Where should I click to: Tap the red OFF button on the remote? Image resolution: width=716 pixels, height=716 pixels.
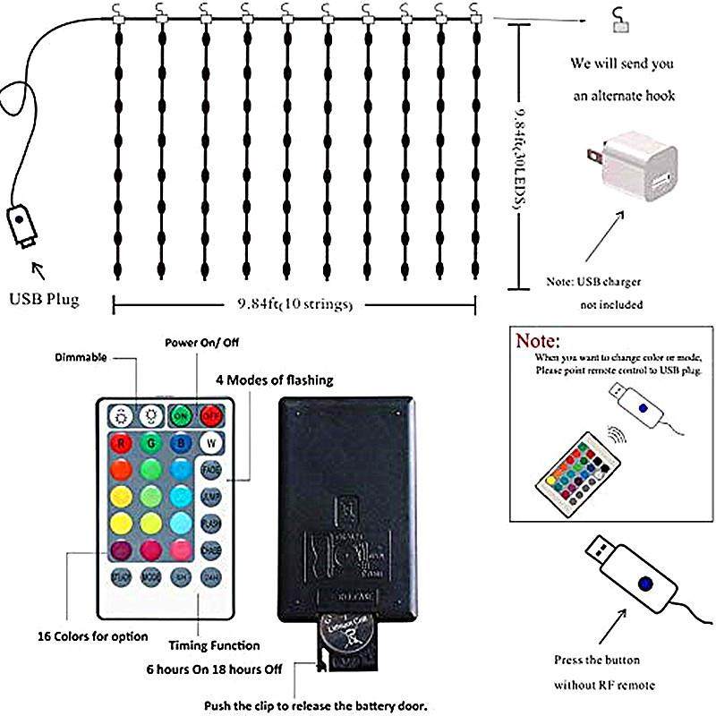click(211, 415)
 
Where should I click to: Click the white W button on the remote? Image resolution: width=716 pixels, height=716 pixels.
click(211, 442)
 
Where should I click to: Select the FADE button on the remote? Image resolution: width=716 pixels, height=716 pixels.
click(211, 470)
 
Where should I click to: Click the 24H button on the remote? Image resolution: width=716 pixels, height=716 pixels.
click(211, 577)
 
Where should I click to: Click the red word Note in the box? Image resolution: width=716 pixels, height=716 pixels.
click(535, 341)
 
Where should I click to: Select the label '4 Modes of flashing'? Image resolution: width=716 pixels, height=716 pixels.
click(274, 380)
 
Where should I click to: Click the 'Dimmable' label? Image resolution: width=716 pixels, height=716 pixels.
click(81, 357)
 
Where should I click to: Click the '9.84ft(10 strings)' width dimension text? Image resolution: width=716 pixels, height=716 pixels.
click(294, 304)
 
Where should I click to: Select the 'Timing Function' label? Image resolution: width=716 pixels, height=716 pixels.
click(214, 645)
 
